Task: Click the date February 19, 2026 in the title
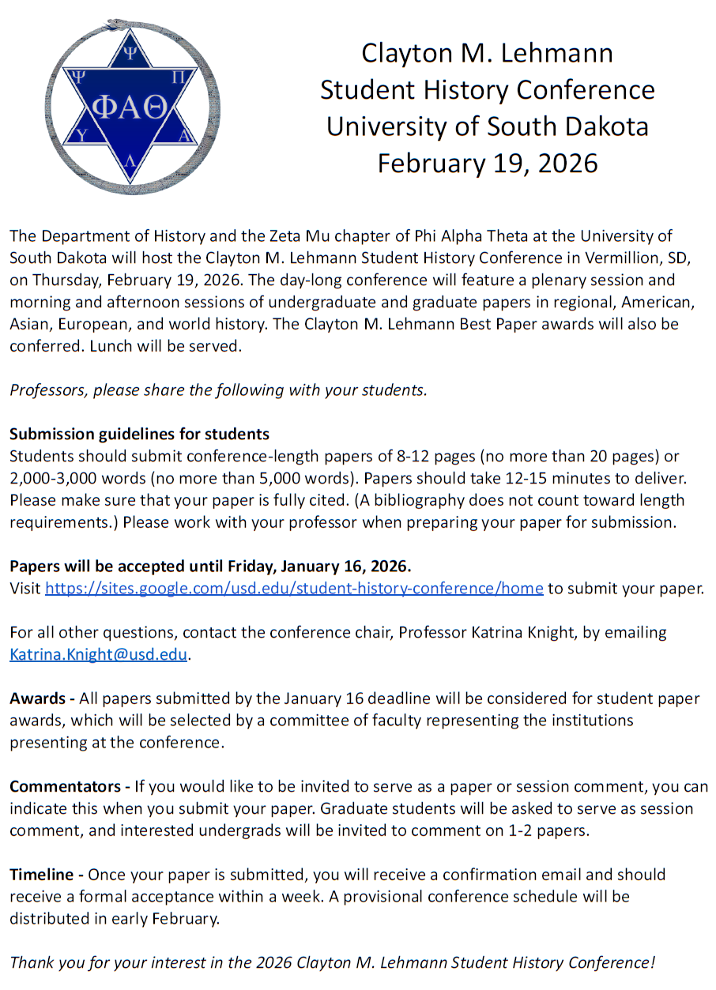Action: [487, 163]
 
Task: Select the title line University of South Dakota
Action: [487, 126]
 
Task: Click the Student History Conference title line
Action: [487, 90]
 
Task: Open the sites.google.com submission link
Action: [294, 588]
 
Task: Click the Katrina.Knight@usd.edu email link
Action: [99, 654]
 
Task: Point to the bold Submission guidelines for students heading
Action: [139, 434]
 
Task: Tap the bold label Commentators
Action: [69, 787]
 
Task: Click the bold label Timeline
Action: [45, 875]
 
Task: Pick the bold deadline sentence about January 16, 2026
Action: [210, 566]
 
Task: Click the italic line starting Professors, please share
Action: [218, 390]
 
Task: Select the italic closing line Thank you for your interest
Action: [332, 962]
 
